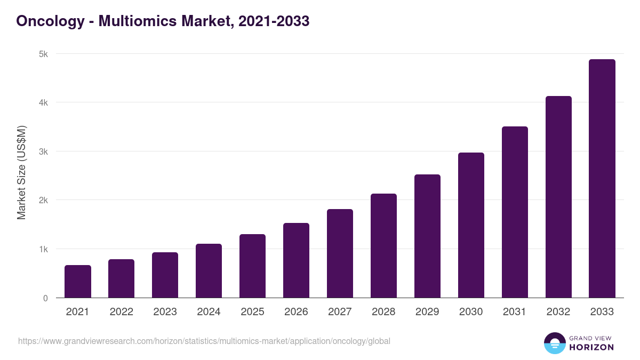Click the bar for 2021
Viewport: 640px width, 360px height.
click(x=78, y=282)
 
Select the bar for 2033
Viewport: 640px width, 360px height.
click(x=602, y=179)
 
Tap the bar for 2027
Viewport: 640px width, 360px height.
click(x=340, y=253)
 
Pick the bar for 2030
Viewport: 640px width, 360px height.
click(x=471, y=225)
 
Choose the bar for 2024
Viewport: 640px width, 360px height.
click(x=209, y=271)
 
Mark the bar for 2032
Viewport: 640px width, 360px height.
click(x=558, y=197)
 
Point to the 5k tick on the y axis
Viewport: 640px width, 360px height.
click(x=43, y=54)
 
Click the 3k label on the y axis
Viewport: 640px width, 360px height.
click(x=43, y=151)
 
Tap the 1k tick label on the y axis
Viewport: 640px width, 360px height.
click(x=43, y=250)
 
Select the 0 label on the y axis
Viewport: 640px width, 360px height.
click(x=45, y=298)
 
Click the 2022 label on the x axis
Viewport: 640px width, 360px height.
click(x=122, y=312)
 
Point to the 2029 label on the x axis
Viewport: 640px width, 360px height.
click(x=427, y=312)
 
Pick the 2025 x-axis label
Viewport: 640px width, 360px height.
click(x=252, y=312)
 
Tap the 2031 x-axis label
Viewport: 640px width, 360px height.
click(x=515, y=312)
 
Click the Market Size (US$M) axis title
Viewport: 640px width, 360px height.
click(x=21, y=173)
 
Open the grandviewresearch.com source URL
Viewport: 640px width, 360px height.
click(x=204, y=341)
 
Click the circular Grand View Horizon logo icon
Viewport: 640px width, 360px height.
click(x=554, y=343)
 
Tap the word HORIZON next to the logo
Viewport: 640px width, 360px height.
click(x=591, y=347)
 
